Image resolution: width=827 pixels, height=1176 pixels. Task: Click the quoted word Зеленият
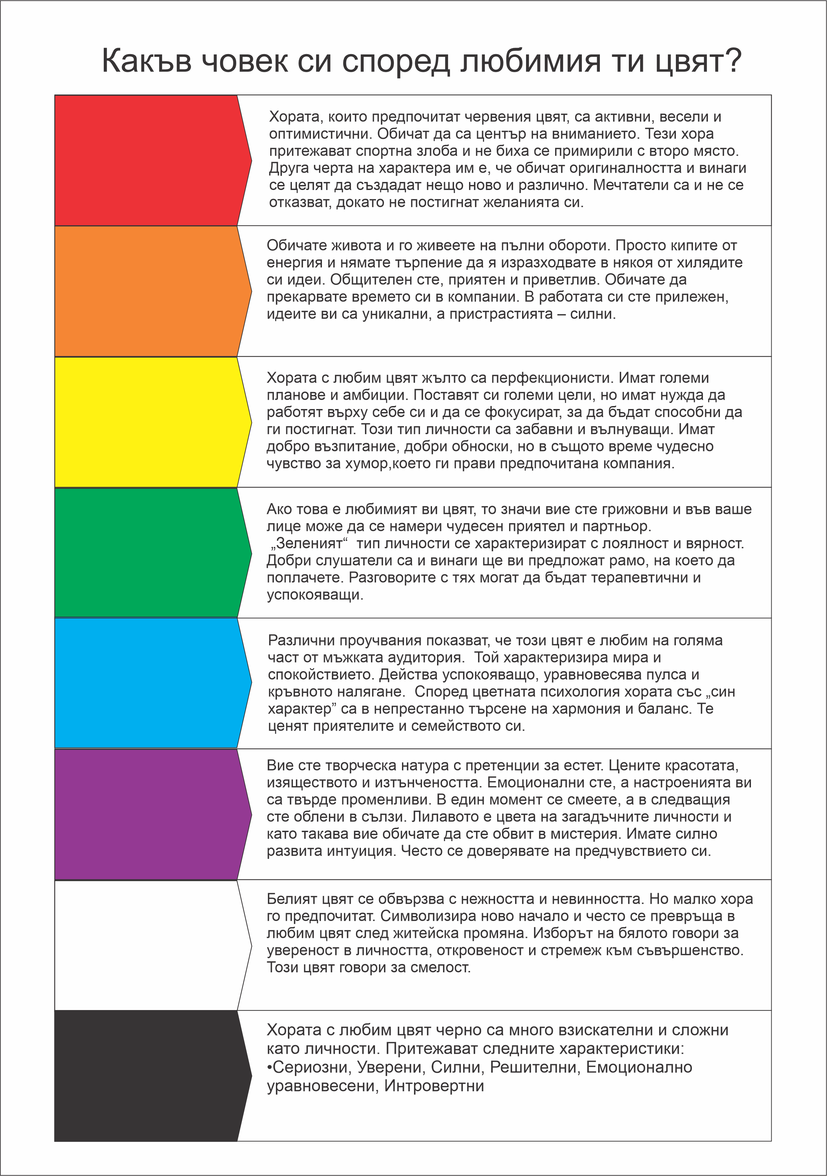pos(310,543)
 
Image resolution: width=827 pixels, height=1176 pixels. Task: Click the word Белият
pos(291,899)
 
